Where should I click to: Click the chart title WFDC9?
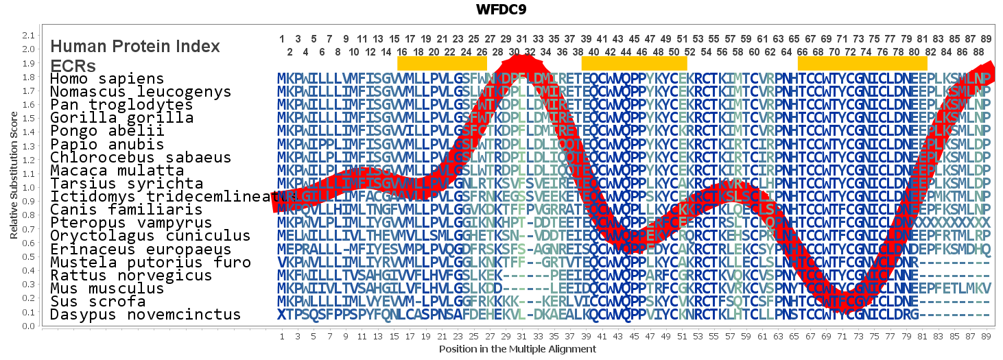[501, 10]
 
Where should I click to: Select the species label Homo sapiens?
[107, 80]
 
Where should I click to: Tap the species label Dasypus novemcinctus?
[145, 315]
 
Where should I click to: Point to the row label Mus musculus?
[107, 289]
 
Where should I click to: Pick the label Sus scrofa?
[97, 302]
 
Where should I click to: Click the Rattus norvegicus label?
[131, 276]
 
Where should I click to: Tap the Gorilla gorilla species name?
[121, 119]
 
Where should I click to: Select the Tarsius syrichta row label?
[126, 184]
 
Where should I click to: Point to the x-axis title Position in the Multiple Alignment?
[517, 349]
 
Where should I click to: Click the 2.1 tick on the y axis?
[28, 35]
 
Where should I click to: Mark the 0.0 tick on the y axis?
[28, 326]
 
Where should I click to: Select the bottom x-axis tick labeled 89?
[986, 337]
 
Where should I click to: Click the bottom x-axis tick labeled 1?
[282, 337]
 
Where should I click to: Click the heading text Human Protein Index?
[135, 47]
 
